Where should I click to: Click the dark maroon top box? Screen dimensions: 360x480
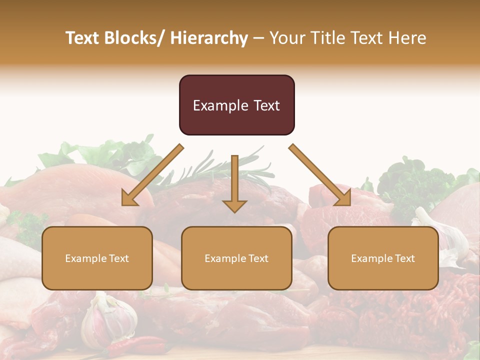[x=236, y=105]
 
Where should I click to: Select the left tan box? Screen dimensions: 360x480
[x=97, y=258]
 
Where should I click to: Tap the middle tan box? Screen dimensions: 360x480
[x=236, y=258]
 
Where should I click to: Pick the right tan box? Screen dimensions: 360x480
[x=383, y=258]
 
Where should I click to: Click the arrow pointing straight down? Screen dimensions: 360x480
[x=234, y=185]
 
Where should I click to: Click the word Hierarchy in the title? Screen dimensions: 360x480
[x=209, y=38]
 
